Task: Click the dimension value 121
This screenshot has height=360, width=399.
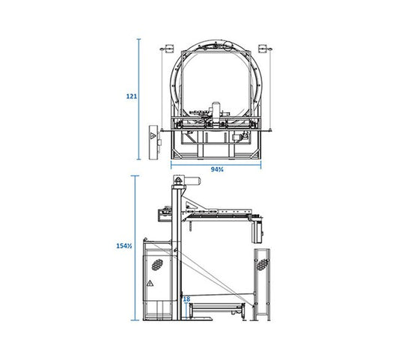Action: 132,97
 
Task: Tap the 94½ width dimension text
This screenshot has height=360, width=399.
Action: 217,169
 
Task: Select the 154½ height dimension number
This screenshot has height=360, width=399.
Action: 124,246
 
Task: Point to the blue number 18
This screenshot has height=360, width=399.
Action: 186,299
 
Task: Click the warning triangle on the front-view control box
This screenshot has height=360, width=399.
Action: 152,135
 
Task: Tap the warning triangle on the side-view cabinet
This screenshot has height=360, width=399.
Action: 150,283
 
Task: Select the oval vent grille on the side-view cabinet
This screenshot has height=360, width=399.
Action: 157,265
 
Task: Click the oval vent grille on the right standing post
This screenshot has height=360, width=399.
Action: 263,265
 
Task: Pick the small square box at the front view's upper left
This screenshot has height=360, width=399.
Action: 169,49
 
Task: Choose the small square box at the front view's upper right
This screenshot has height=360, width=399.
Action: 262,49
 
